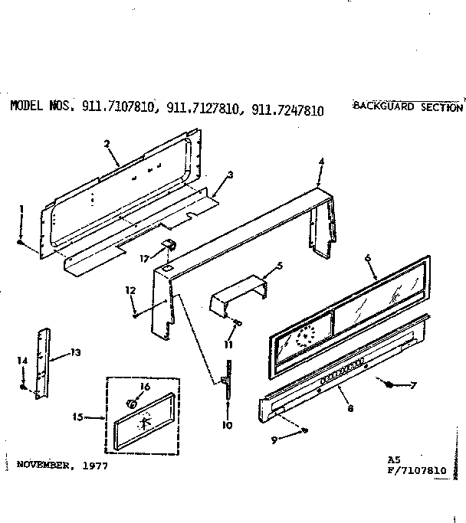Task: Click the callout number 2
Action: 107,143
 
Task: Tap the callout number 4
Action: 321,161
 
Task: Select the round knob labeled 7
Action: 390,384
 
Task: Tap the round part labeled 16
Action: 133,402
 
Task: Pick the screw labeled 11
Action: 238,322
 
